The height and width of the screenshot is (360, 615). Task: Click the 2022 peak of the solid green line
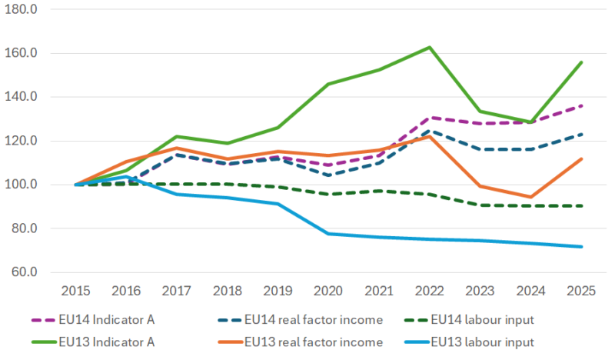(x=430, y=47)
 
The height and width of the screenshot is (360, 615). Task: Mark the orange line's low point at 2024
(x=530, y=197)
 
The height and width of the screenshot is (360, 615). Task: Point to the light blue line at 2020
(x=328, y=233)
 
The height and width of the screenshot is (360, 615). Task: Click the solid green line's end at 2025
(x=581, y=62)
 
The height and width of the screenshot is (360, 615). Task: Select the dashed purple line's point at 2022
(x=430, y=117)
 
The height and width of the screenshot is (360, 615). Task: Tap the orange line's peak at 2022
(x=430, y=136)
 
